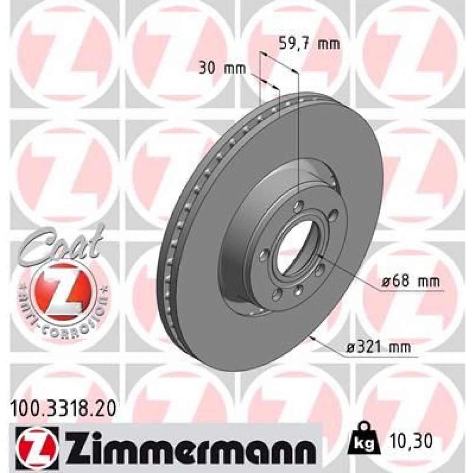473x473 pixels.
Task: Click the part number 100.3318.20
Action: pyautogui.click(x=63, y=405)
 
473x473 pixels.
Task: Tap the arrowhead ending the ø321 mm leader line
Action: pyautogui.click(x=312, y=338)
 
